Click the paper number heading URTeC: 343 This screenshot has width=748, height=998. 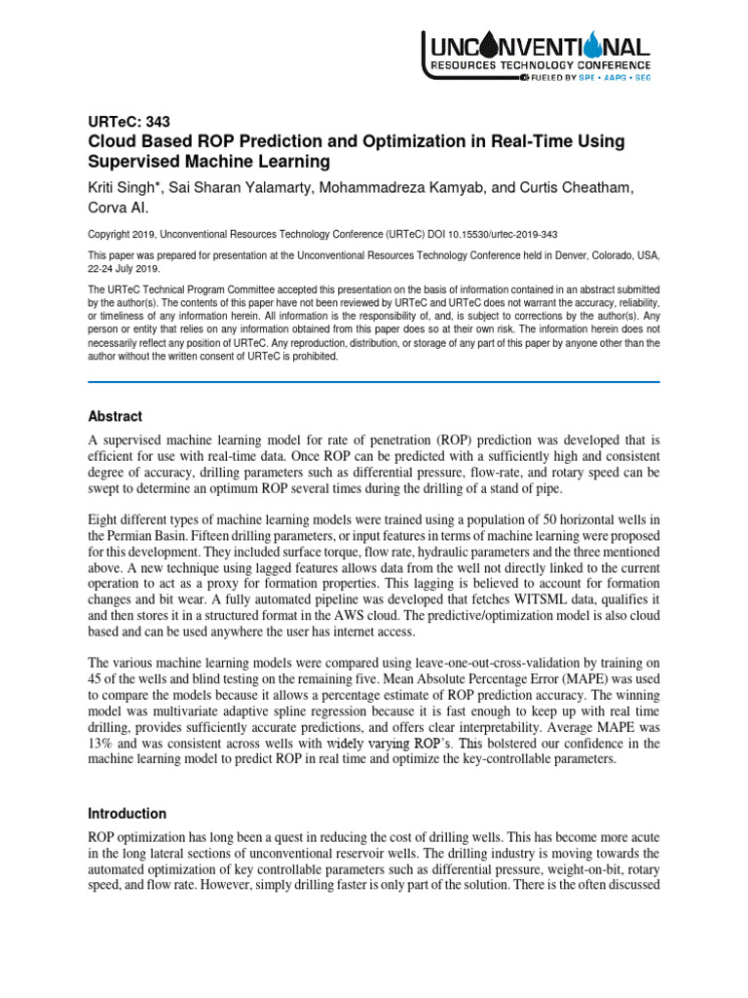click(x=129, y=122)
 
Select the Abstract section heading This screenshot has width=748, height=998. click(x=115, y=416)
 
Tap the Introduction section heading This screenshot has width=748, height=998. click(x=127, y=814)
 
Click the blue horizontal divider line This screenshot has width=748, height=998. click(x=374, y=382)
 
